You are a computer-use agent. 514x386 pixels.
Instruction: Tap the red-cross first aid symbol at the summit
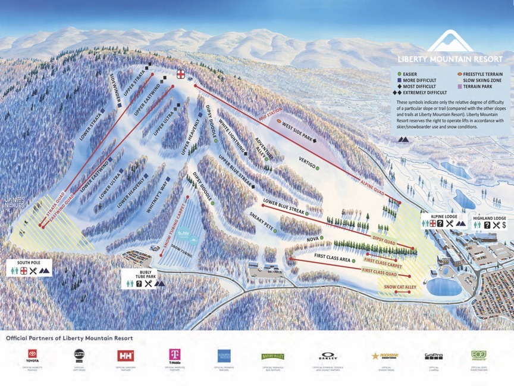coord(180,74)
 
